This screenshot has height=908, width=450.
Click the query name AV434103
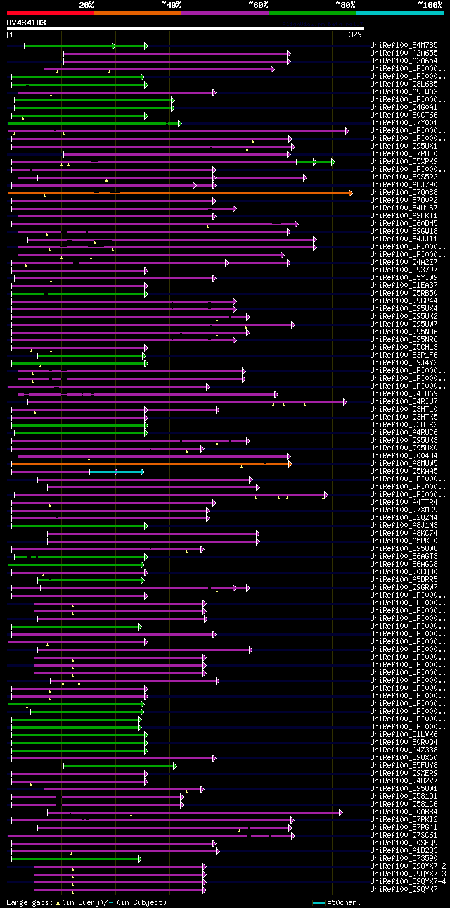pos(27,23)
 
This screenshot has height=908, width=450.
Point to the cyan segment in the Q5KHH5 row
pos(116,472)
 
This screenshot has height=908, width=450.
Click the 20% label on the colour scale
pos(86,5)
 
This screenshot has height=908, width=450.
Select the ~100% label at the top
pos(429,5)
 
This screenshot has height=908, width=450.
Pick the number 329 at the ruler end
pos(355,34)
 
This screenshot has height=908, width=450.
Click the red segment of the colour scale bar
pos(50,12)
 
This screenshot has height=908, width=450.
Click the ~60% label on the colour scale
pos(258,5)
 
